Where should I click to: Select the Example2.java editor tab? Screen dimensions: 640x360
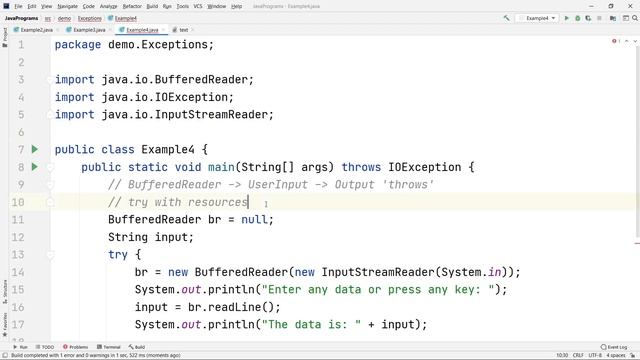click(x=36, y=30)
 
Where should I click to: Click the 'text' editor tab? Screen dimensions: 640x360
click(x=182, y=30)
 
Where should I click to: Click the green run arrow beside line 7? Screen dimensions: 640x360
click(x=35, y=149)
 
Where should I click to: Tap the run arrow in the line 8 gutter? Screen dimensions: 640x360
click(x=35, y=167)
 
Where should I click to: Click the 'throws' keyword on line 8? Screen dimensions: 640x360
click(x=361, y=167)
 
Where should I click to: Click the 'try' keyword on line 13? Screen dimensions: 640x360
click(x=118, y=254)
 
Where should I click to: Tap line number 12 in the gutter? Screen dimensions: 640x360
click(x=17, y=237)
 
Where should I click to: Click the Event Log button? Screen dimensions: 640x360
click(x=614, y=347)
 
